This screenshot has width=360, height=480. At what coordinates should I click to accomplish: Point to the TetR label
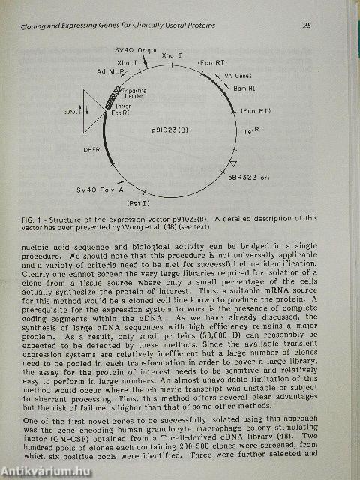tap(251, 130)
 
